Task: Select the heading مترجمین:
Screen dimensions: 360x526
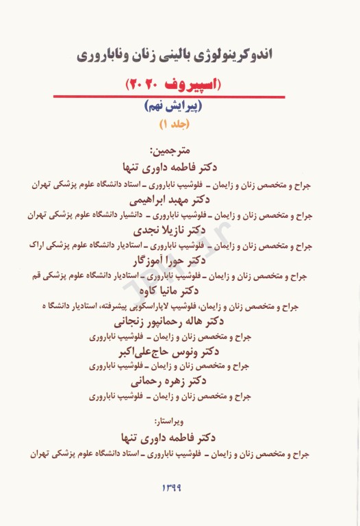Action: [181, 149]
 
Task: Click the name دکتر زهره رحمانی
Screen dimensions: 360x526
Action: [181, 380]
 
